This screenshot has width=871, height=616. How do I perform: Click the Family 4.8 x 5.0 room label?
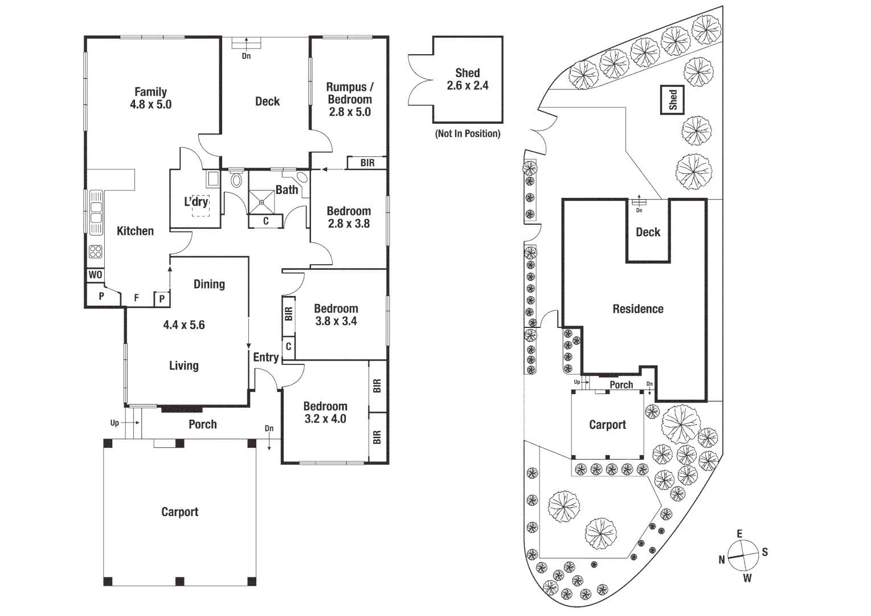coord(150,98)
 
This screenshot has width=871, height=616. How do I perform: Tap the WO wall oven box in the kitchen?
coord(95,275)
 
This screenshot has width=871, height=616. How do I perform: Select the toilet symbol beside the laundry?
coord(236,180)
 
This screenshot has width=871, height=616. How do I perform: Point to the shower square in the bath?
coord(261,202)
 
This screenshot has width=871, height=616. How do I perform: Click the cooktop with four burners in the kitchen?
coord(96,252)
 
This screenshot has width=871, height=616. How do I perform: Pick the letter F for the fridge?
coord(137,298)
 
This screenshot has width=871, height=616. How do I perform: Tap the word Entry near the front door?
coord(266,357)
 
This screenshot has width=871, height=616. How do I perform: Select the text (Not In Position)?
coord(467,133)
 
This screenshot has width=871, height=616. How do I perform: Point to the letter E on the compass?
coord(739,534)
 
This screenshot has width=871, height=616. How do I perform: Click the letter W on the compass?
coord(747,578)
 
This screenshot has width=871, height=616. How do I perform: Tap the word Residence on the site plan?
coord(638,309)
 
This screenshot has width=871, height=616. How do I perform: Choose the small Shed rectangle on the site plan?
coord(672,100)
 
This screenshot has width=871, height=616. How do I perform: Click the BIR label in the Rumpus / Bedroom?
coord(367,163)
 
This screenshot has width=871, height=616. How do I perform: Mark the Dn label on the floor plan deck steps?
coord(246,56)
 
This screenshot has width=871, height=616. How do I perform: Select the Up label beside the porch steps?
coord(115,423)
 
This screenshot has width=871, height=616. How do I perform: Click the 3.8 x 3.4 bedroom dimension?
coord(336,321)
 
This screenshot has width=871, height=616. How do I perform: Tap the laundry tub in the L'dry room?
coord(212,179)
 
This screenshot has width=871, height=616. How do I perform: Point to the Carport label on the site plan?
coord(607,425)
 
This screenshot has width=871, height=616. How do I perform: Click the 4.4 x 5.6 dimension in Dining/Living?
coord(184,325)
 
